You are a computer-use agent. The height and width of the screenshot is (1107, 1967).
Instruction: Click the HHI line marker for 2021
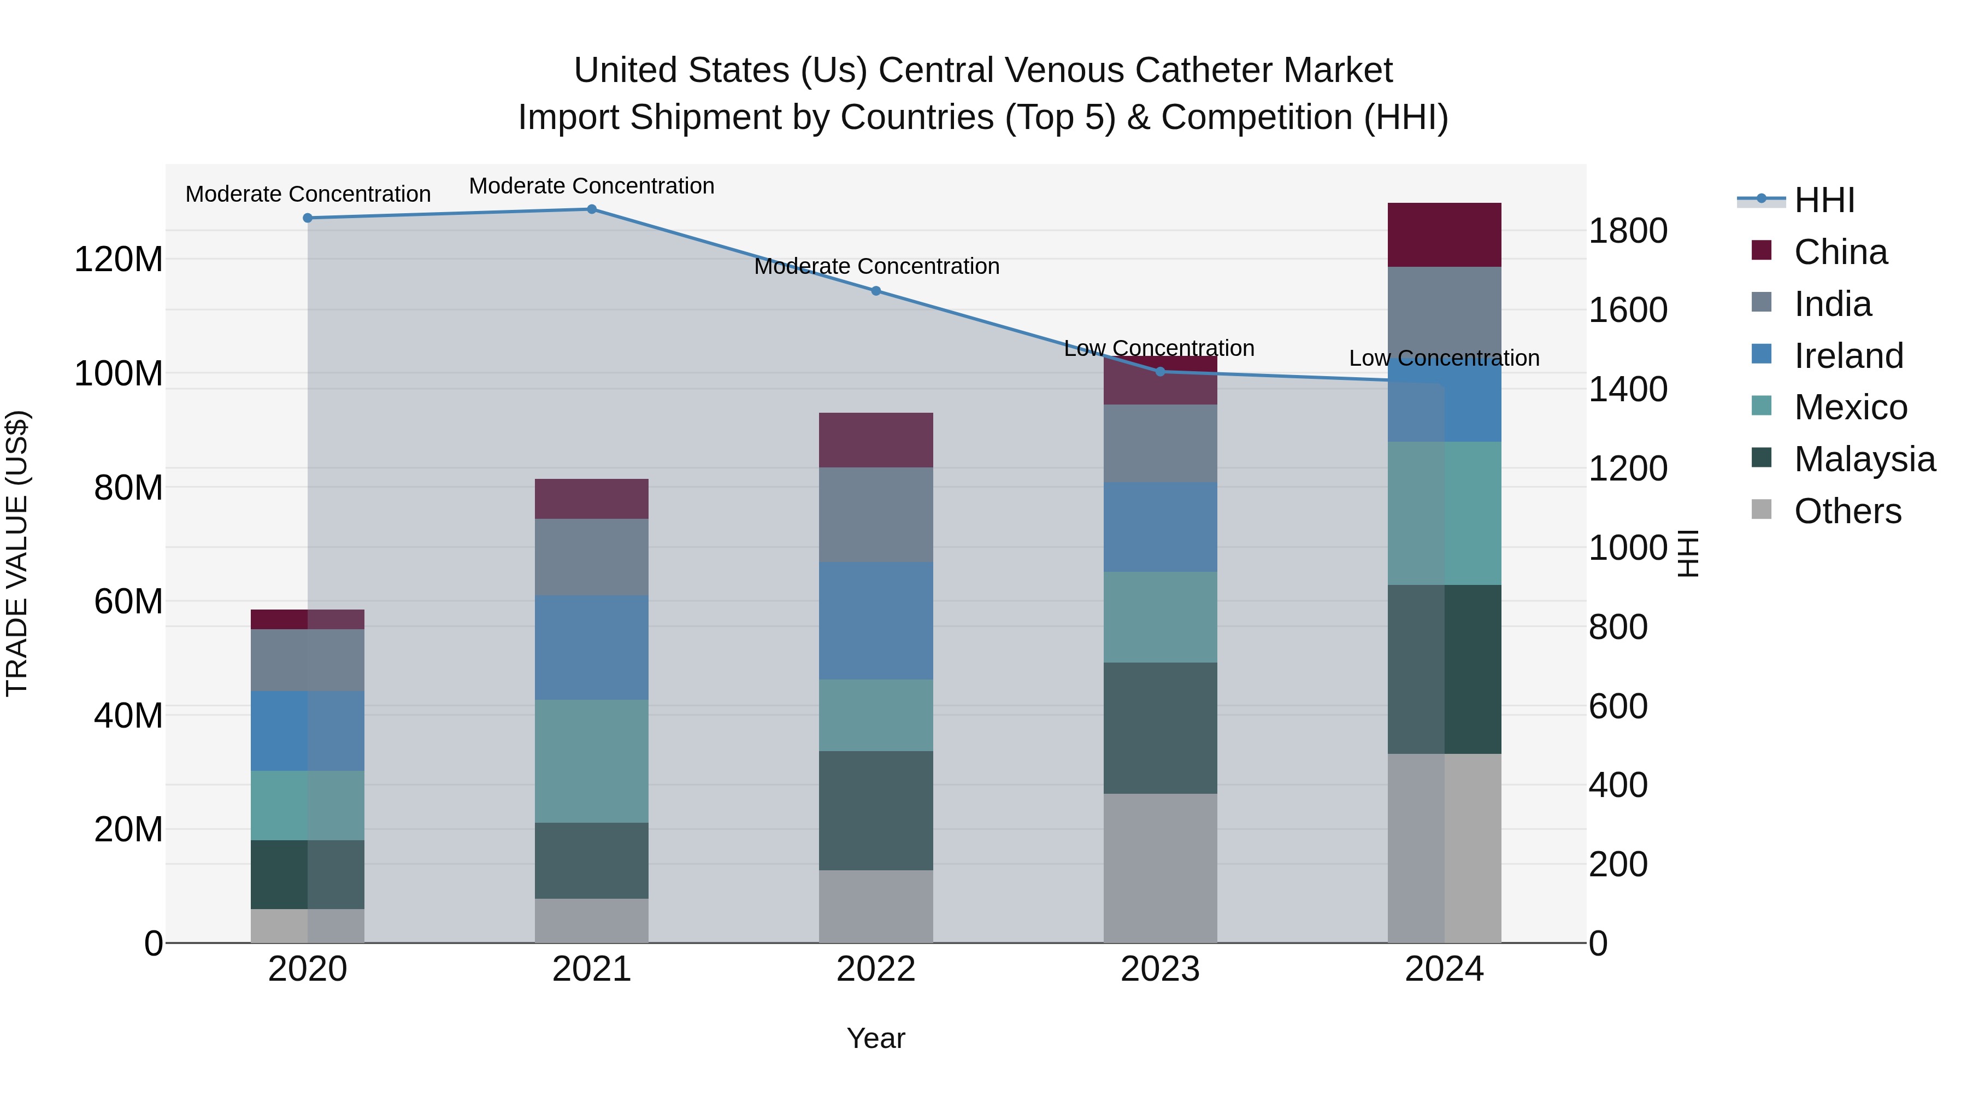tap(592, 209)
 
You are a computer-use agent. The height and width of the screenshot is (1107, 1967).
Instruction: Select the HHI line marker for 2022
tap(876, 291)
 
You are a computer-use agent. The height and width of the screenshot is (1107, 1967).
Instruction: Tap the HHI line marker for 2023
tap(1160, 372)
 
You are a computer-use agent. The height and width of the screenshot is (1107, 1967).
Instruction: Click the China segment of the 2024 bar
tap(1444, 235)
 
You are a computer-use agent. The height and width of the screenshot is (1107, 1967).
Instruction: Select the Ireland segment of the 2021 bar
tap(592, 647)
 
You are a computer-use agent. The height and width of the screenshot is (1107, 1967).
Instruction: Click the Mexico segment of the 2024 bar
tap(1444, 513)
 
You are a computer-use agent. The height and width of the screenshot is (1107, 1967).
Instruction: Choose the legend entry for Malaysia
tap(1863, 459)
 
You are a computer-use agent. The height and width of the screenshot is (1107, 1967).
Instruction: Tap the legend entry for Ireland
tap(1848, 356)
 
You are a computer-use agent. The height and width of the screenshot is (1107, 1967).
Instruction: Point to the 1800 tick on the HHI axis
tap(1628, 231)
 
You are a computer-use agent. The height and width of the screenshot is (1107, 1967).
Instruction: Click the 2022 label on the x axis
tap(876, 969)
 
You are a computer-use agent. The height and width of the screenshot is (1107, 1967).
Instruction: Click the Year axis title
tap(876, 1038)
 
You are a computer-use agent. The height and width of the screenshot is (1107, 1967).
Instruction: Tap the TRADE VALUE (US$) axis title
tap(17, 553)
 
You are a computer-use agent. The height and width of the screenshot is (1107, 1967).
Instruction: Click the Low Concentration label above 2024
tap(1444, 358)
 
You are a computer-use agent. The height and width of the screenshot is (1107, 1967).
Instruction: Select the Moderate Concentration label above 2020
tap(308, 194)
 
